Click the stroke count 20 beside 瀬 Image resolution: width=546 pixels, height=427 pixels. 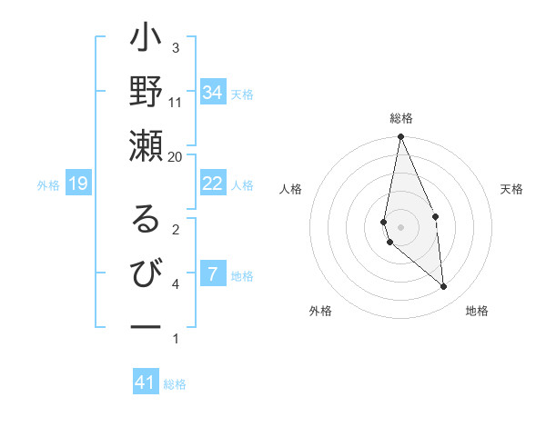(176, 156)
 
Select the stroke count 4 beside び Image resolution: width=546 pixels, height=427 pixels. (176, 284)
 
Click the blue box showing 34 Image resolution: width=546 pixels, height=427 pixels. (213, 93)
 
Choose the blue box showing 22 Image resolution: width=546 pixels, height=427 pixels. (213, 184)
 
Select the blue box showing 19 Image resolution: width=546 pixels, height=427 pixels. (78, 184)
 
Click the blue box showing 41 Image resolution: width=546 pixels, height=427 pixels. (146, 382)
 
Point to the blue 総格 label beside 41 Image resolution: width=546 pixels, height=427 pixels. (175, 384)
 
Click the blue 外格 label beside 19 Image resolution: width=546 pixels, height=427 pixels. (48, 185)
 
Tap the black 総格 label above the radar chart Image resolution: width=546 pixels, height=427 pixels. (401, 119)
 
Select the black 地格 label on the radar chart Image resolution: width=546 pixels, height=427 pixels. (477, 311)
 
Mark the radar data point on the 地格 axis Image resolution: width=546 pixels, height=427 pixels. (444, 287)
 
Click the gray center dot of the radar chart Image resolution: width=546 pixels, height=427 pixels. (401, 226)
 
